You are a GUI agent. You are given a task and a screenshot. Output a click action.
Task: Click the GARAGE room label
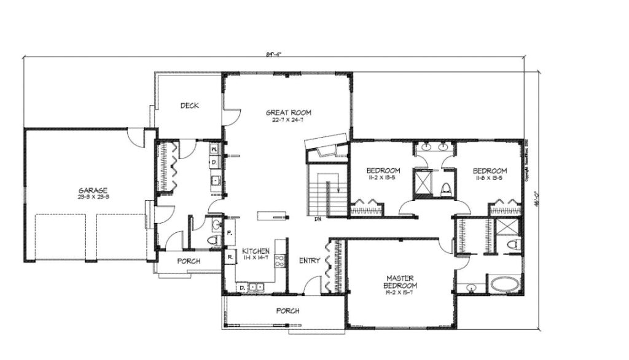[x=93, y=190]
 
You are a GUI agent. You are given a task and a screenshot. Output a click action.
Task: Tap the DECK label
[x=189, y=106]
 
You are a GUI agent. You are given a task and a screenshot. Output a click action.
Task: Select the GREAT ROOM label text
[x=288, y=112]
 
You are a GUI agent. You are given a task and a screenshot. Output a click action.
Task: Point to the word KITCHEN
[x=256, y=251]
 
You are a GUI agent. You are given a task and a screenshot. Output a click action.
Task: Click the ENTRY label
[x=310, y=260]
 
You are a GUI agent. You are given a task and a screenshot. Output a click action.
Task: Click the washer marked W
[x=213, y=149]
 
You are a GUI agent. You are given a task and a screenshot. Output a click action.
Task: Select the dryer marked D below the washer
[x=213, y=162]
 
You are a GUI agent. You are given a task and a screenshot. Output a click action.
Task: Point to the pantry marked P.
[x=229, y=233]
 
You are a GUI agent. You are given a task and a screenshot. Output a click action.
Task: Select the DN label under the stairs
[x=318, y=219]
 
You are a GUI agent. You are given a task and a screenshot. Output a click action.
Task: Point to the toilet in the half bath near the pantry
[x=215, y=240]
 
